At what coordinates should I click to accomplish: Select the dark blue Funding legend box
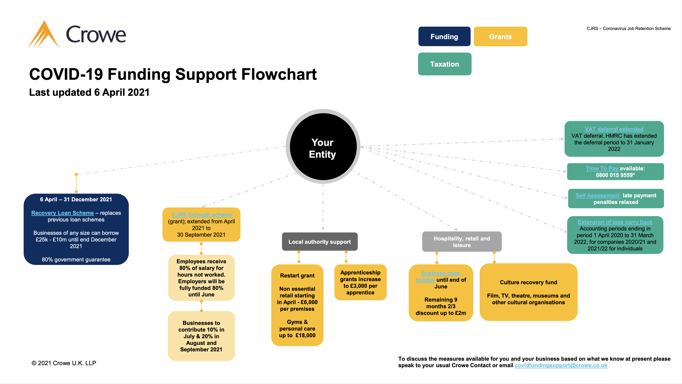click(x=444, y=36)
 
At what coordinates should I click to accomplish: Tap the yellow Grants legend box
click(x=500, y=36)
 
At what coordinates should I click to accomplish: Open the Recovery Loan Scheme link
click(x=62, y=213)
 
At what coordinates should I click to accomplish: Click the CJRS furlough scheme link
click(x=202, y=215)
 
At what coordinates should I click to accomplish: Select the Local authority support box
click(x=320, y=242)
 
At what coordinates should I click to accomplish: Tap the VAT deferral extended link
click(x=614, y=129)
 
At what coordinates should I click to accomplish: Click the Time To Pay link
click(x=602, y=168)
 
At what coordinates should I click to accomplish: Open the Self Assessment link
click(x=598, y=195)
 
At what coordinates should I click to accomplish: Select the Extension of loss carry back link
click(x=615, y=222)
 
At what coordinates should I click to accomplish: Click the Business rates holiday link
click(x=441, y=273)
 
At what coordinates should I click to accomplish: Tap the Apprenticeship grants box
click(x=360, y=282)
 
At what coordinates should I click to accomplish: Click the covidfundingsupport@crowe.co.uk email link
click(x=561, y=366)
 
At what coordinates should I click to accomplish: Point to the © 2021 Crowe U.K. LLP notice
click(x=64, y=363)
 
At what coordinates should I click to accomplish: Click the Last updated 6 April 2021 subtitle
click(x=89, y=92)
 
